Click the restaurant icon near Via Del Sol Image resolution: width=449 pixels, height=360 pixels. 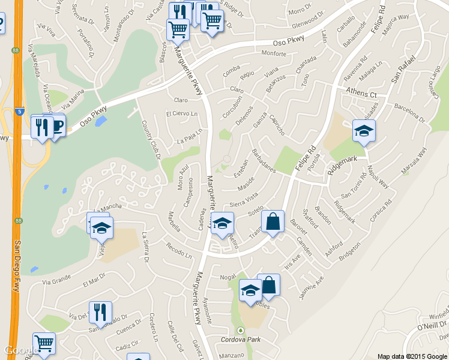tap(100, 313)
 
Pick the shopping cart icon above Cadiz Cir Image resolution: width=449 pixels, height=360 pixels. tap(44, 344)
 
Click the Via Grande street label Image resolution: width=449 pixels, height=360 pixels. tap(56, 281)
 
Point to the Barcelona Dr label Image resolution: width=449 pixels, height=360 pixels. tap(409, 112)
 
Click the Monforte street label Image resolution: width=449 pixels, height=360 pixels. tap(273, 53)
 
